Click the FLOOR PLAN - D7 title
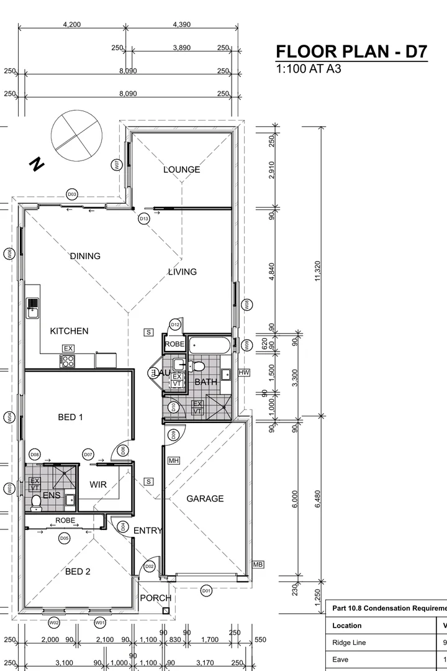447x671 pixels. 351,52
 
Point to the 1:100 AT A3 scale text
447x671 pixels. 309,68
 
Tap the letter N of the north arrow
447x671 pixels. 38,165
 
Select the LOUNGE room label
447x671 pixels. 182,170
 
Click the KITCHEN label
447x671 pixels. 69,331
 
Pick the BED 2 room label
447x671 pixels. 78,572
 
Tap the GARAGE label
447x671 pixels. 205,498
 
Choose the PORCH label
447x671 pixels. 155,598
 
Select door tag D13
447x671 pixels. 144,219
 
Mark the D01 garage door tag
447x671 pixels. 206,591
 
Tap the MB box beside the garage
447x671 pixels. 258,565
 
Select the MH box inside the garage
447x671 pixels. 174,460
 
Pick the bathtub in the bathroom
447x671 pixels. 210,345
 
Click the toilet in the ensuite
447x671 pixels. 35,501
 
